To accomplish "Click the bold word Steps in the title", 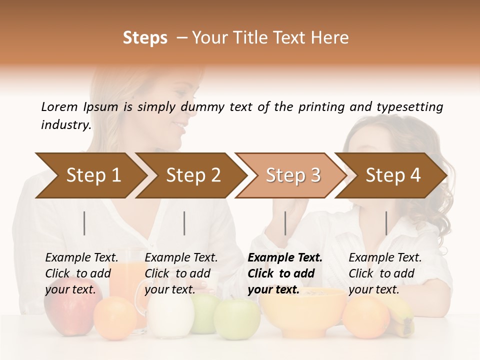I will click(145, 38).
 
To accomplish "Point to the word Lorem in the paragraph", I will click(59, 106).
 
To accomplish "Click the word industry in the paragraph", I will click(66, 125).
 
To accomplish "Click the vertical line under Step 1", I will click(84, 223).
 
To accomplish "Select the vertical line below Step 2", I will click(184, 223).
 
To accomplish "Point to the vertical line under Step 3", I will click(285, 223).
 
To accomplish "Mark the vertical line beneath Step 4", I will click(386, 223).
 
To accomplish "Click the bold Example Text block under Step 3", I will click(285, 273).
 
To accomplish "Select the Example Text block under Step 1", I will click(81, 273).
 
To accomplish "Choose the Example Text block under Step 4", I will click(385, 273).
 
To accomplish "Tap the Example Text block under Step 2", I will click(181, 273).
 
